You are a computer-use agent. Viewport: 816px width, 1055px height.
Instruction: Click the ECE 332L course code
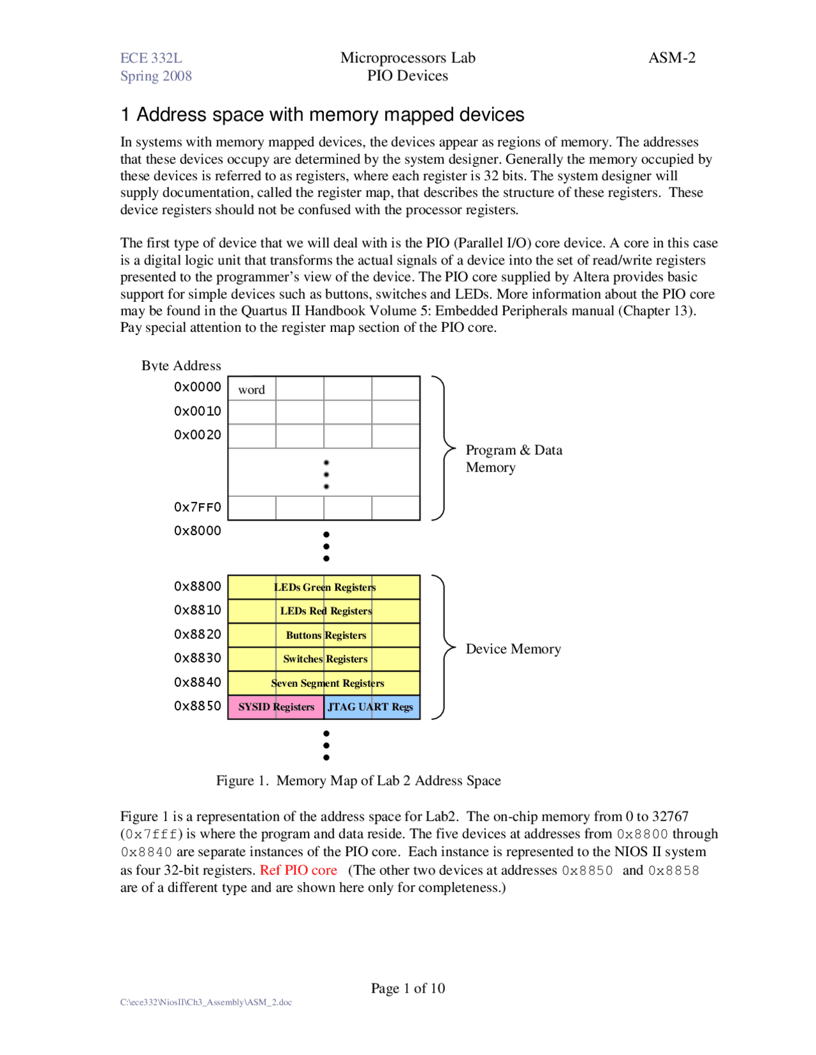tap(151, 58)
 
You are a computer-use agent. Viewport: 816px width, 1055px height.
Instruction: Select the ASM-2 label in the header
tap(671, 58)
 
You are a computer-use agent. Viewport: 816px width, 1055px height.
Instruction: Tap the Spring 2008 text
tap(156, 76)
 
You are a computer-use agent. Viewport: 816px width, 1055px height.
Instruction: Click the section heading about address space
tap(322, 115)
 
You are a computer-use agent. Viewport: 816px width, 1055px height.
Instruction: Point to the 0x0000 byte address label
tap(197, 387)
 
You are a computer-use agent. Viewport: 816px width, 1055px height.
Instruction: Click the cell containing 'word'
tap(252, 389)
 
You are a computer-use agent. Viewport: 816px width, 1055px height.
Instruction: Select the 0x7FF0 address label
tap(197, 507)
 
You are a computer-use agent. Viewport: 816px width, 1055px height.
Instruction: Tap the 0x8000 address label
tap(197, 531)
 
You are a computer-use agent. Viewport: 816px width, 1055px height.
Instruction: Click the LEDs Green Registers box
tap(324, 587)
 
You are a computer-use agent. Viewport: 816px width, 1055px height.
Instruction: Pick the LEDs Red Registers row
tap(324, 611)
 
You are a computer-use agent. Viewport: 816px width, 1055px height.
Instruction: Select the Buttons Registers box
tap(324, 635)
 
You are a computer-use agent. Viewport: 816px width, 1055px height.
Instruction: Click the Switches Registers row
tap(324, 659)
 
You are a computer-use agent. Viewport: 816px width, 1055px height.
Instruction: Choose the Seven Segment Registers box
tap(324, 683)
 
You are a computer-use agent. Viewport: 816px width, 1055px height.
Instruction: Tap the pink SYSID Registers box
tap(275, 707)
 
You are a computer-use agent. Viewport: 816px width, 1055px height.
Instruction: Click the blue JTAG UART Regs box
tap(372, 707)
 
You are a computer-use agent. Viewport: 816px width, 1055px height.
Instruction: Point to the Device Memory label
tap(513, 649)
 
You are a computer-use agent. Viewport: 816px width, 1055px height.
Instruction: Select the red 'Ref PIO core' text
tap(298, 870)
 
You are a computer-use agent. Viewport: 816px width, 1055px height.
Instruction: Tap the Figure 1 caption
tap(358, 780)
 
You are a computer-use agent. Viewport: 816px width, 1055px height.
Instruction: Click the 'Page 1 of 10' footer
tap(407, 988)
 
